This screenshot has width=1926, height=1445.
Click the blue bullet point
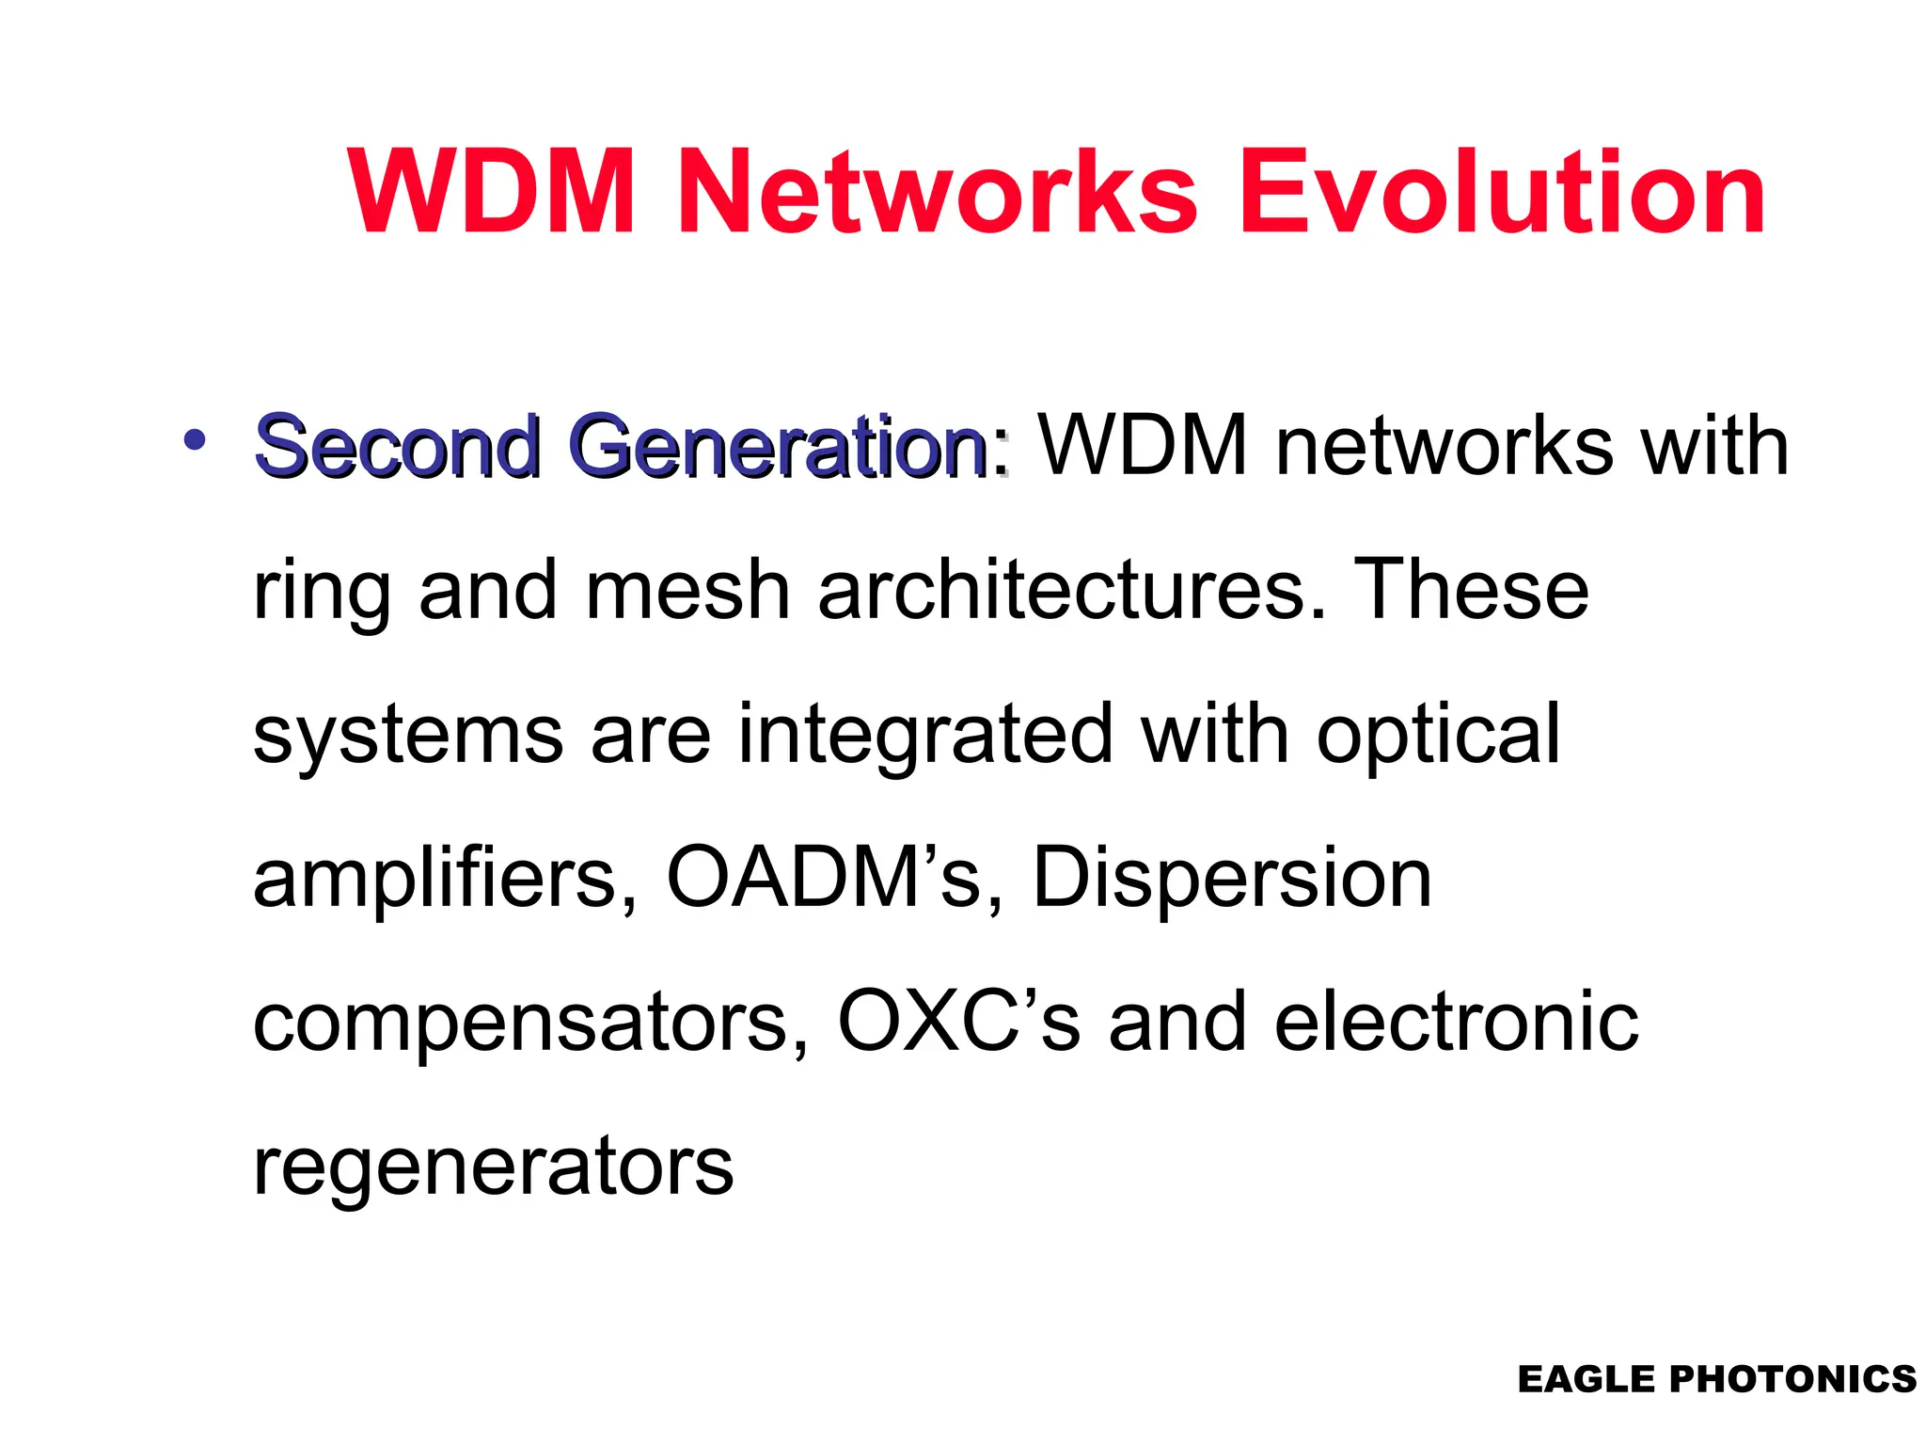(x=195, y=438)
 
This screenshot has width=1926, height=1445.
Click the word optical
(x=1438, y=737)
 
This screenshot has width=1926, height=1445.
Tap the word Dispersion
(x=1232, y=880)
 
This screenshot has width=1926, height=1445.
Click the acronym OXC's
(x=958, y=1023)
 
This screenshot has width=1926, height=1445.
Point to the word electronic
(x=1456, y=1023)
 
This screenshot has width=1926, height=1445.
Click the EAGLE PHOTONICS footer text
(x=1716, y=1379)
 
